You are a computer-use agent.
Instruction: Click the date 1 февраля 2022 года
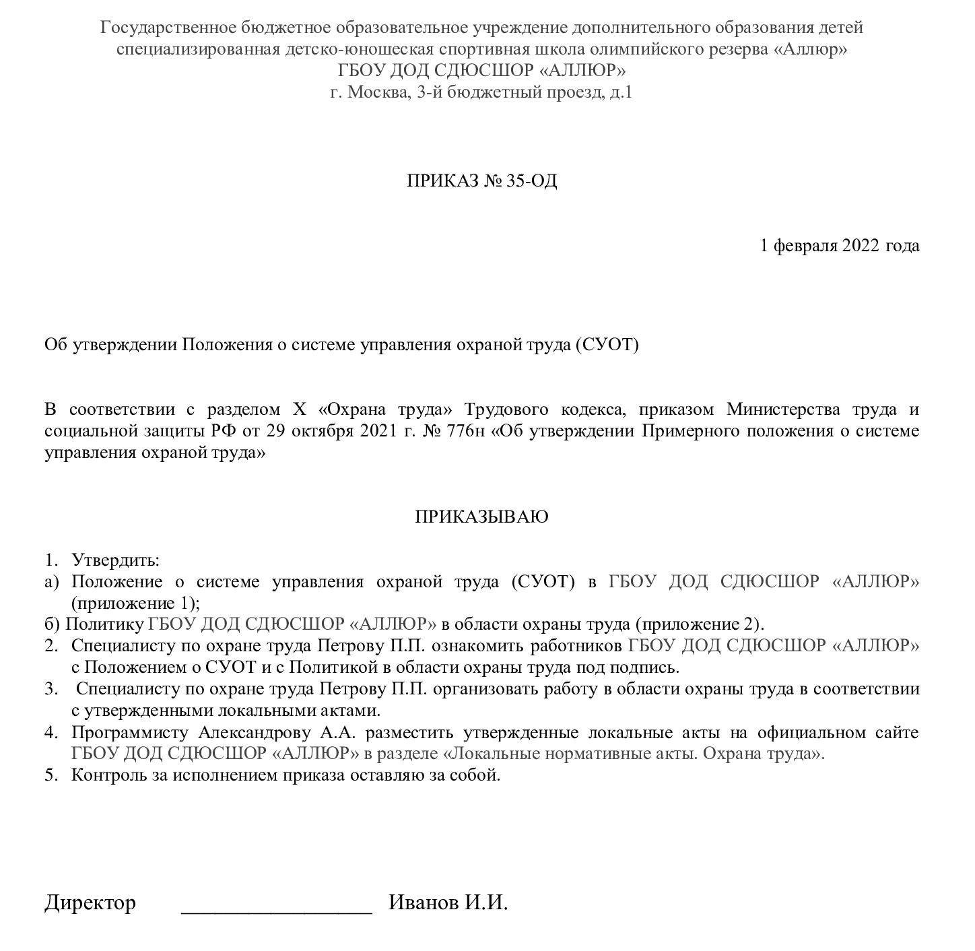840,246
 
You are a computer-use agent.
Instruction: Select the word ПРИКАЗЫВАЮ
481,517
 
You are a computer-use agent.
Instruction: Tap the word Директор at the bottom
90,903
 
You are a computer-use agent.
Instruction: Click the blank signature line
276,906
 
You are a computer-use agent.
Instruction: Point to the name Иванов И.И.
448,903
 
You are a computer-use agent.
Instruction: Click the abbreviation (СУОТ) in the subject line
605,346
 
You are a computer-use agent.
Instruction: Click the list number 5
51,775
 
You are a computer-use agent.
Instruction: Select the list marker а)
52,582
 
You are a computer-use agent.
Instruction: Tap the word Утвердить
115,560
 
